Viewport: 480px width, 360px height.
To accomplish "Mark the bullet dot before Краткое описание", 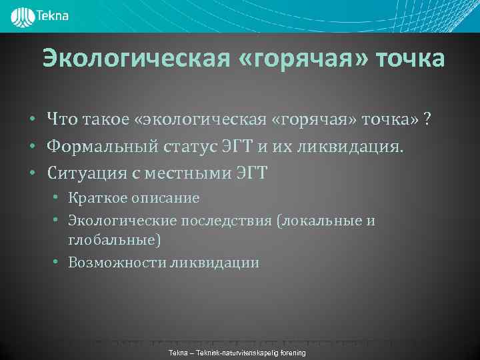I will pyautogui.click(x=59, y=199).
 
